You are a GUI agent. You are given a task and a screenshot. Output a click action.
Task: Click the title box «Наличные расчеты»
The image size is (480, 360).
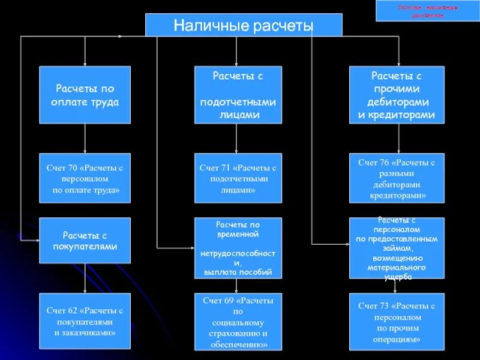coord(244,25)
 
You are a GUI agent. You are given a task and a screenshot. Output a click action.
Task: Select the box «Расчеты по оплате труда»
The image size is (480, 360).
coord(85,95)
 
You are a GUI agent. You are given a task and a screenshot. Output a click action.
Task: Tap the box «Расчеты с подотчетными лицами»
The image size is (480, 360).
coord(238,95)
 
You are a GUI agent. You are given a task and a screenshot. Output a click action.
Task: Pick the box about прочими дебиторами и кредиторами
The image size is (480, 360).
coord(397,95)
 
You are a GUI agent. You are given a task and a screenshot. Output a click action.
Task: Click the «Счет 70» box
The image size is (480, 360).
coord(85,178)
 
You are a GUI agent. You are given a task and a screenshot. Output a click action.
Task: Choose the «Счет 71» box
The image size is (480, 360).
coord(238,178)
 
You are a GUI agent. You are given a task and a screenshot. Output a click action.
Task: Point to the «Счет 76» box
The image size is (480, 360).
coord(397,178)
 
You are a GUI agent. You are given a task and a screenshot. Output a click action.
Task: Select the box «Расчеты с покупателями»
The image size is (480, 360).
coord(85,240)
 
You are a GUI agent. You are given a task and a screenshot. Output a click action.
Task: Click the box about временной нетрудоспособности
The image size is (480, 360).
coord(238,248)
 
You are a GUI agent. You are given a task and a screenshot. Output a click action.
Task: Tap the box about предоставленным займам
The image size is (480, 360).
coord(397,248)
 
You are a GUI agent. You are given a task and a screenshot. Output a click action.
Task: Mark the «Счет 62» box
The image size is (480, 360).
coord(85,321)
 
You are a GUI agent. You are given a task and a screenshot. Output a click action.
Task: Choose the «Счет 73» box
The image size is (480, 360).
coord(397,321)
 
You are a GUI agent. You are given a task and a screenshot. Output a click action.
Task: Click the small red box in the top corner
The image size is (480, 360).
coord(428,11)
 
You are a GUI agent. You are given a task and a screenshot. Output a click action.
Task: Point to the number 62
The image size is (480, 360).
coord(73,311)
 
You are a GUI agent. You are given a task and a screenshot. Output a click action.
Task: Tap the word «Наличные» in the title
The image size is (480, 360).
coord(202,26)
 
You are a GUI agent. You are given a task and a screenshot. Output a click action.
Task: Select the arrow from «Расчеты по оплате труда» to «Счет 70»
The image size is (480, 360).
coord(85,139)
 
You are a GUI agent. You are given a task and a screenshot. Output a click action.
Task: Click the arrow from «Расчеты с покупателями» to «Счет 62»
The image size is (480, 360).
coord(85,278)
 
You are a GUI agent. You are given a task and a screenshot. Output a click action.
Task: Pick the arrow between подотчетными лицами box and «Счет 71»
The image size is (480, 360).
coord(237,139)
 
